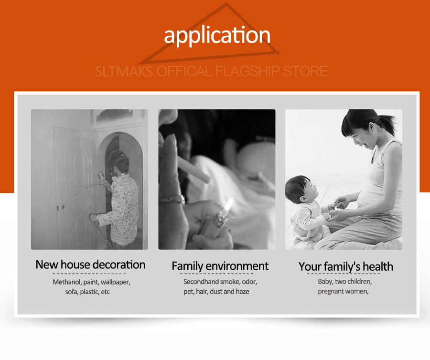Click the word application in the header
point(217,35)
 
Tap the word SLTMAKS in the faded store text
point(124,72)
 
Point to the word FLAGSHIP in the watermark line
point(247,71)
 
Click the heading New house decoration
point(90,265)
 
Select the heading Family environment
point(220,266)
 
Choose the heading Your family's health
point(346,267)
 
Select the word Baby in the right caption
point(325,282)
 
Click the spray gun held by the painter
point(103,178)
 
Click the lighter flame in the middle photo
point(228,205)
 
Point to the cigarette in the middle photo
point(194,169)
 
